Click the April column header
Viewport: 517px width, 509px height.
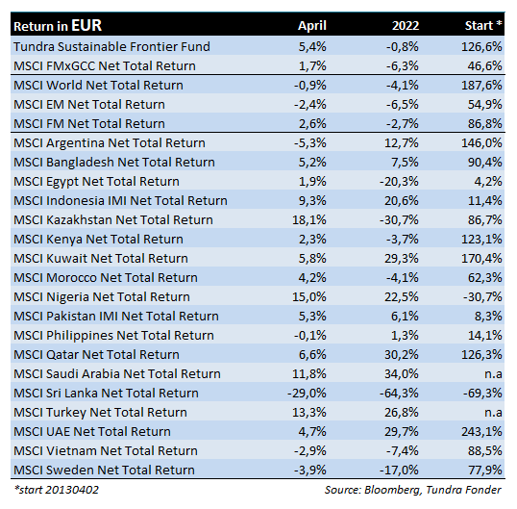pyautogui.click(x=312, y=26)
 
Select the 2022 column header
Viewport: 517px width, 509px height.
pyautogui.click(x=406, y=26)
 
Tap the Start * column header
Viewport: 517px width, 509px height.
pyautogui.click(x=483, y=25)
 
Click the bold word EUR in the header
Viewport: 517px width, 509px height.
pyautogui.click(x=86, y=25)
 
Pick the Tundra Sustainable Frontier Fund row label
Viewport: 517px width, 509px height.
pyautogui.click(x=111, y=46)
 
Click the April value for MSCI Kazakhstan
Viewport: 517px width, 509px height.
pyautogui.click(x=308, y=219)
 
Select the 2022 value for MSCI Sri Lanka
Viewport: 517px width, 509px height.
pyautogui.click(x=399, y=394)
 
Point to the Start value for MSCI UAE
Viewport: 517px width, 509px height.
pyautogui.click(x=481, y=431)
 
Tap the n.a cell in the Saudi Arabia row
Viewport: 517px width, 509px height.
pyautogui.click(x=493, y=374)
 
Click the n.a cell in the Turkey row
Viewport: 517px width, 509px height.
pyautogui.click(x=493, y=413)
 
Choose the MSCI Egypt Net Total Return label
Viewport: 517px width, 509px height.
pyautogui.click(x=96, y=182)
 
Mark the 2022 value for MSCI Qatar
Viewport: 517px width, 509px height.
pyautogui.click(x=402, y=354)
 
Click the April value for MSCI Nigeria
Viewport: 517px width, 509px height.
pyautogui.click(x=308, y=296)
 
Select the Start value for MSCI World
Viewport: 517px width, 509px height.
pyautogui.click(x=481, y=86)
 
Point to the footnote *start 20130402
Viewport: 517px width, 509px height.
pyautogui.click(x=57, y=490)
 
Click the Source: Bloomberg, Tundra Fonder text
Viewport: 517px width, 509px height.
pyautogui.click(x=413, y=490)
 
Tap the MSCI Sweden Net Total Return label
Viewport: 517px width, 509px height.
pyautogui.click(x=104, y=471)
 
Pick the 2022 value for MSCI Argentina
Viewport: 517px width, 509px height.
pyautogui.click(x=402, y=143)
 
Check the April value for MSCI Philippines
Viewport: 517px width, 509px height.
pyautogui.click(x=310, y=336)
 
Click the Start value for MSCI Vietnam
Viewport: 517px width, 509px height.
pyautogui.click(x=485, y=451)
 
